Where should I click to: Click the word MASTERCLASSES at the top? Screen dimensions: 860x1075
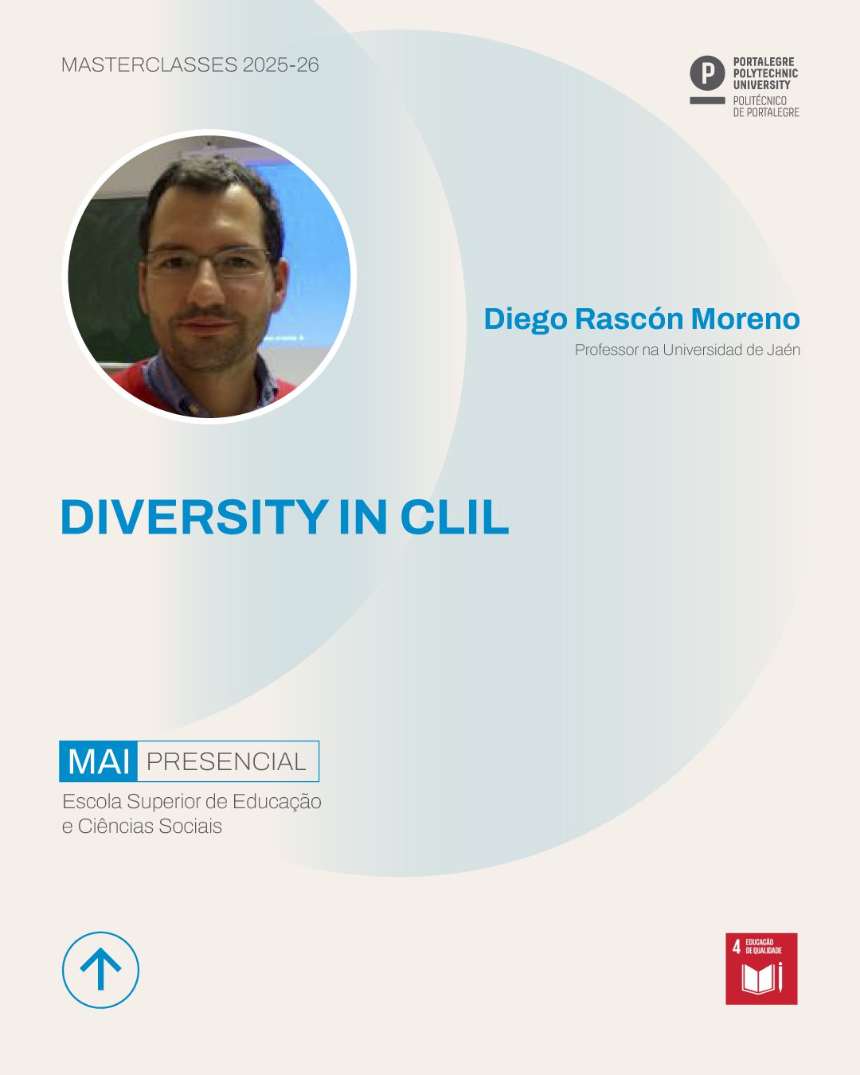150,65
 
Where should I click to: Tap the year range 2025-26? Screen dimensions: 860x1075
281,65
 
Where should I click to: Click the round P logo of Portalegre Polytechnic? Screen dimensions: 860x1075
707,73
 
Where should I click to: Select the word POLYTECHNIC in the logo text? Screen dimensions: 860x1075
765,73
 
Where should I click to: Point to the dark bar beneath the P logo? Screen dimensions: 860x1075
707,100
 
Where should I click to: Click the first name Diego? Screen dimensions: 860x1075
526,319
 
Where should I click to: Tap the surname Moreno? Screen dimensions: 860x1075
745,319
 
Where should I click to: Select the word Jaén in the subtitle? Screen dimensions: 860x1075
784,350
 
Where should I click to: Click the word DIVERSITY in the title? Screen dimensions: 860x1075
194,517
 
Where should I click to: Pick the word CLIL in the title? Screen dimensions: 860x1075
455,517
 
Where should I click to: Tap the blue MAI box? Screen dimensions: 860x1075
99,761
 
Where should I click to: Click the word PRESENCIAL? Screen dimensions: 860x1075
226,762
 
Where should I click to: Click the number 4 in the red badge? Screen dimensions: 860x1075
737,946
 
